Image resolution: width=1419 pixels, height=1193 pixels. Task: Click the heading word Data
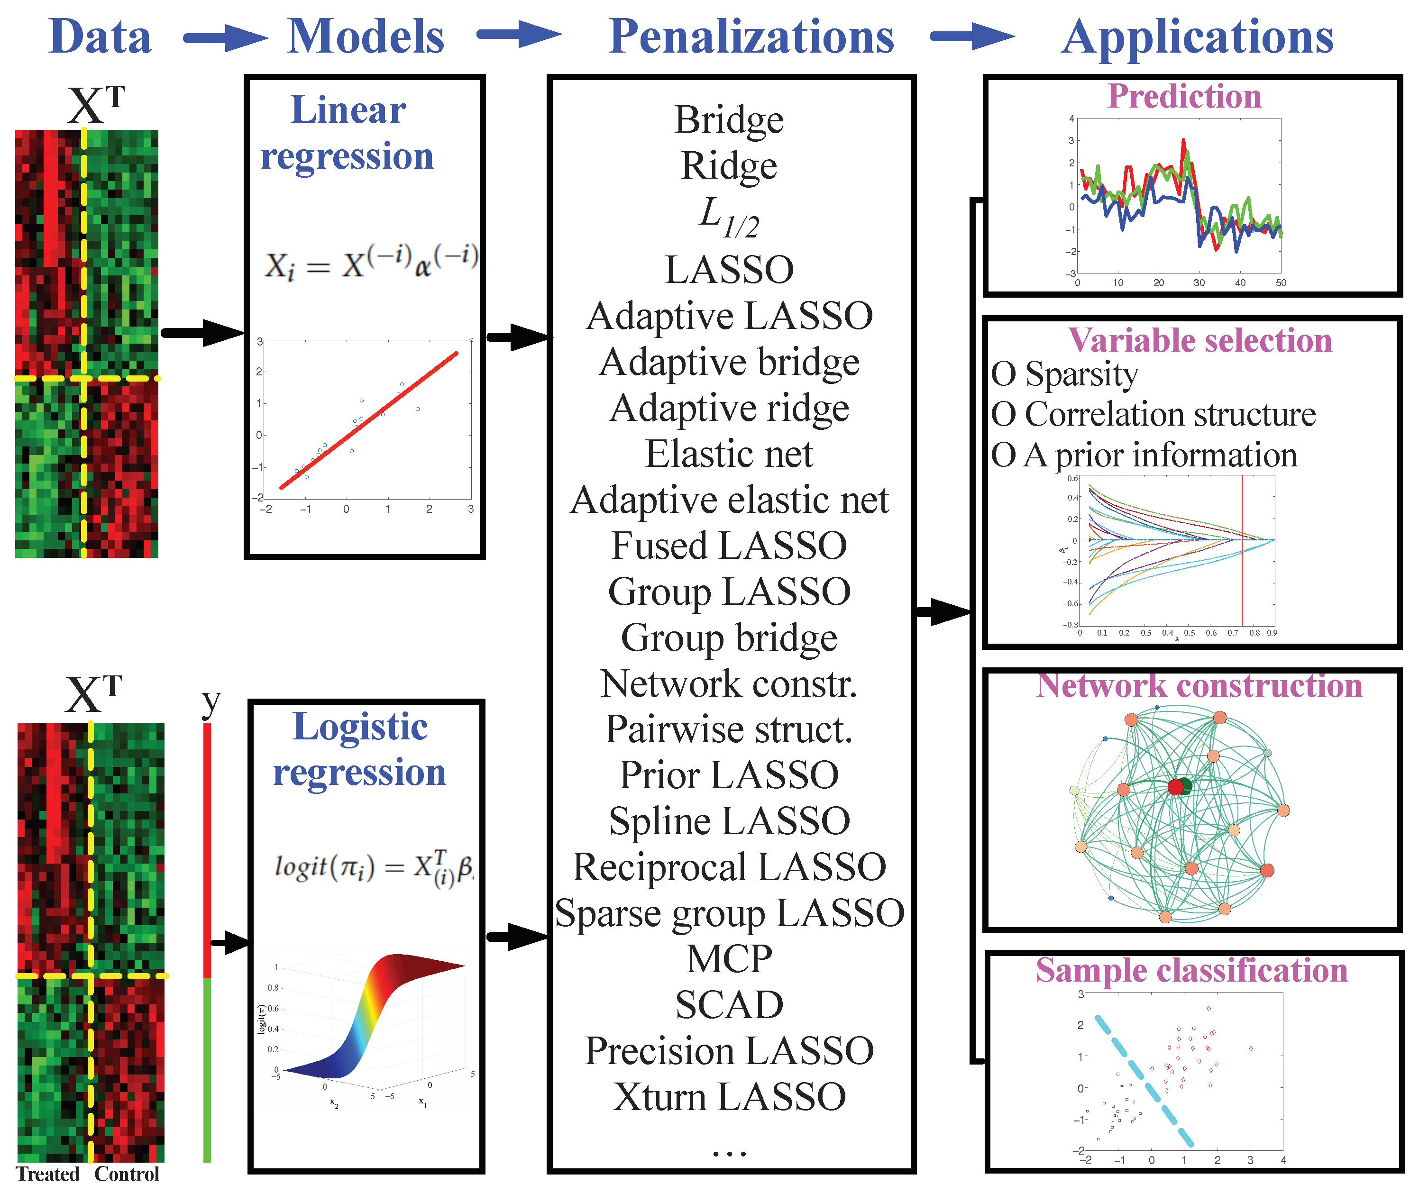pyautogui.click(x=100, y=36)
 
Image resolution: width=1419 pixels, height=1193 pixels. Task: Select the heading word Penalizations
pyautogui.click(x=751, y=36)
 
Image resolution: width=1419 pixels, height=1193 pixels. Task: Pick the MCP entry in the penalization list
pyautogui.click(x=729, y=959)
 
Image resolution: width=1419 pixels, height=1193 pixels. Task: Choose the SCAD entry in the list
pyautogui.click(x=729, y=1005)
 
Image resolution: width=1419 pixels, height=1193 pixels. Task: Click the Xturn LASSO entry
pyautogui.click(x=729, y=1097)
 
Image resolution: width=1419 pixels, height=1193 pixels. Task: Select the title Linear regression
pyautogui.click(x=348, y=133)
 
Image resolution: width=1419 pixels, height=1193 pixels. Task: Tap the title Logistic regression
pyautogui.click(x=359, y=749)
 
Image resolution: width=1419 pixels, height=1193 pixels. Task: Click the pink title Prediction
pyautogui.click(x=1184, y=96)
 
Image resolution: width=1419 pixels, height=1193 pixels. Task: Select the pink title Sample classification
pyautogui.click(x=1192, y=971)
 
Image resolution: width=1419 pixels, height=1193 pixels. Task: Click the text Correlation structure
pyautogui.click(x=1170, y=414)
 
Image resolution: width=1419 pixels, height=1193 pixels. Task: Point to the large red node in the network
pyautogui.click(x=1175, y=786)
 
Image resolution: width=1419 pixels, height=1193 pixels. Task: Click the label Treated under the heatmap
pyautogui.click(x=47, y=1174)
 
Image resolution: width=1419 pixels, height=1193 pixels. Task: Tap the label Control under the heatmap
pyautogui.click(x=127, y=1174)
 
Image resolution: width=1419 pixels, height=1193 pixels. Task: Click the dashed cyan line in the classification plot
pyautogui.click(x=1144, y=1081)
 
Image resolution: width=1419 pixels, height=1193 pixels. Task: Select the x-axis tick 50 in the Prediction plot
pyautogui.click(x=1281, y=282)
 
